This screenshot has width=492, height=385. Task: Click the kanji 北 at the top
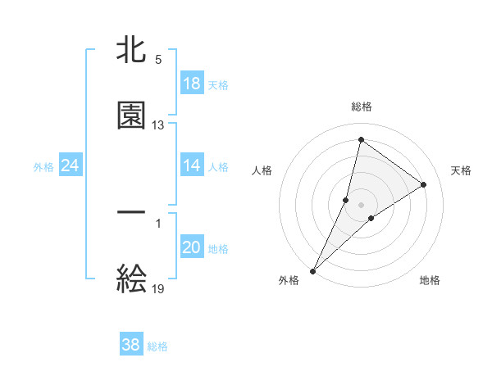131,51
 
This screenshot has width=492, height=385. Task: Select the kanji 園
131,115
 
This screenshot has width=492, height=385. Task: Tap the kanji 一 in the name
131,213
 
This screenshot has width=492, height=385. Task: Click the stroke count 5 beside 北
158,60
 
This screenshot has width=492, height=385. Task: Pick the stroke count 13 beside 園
158,125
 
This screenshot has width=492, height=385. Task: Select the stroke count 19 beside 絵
158,288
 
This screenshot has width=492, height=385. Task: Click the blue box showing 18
192,84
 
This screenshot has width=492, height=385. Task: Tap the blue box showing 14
192,165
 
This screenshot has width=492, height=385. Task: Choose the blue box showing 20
192,248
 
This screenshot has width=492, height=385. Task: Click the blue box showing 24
71,166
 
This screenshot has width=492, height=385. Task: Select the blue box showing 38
131,345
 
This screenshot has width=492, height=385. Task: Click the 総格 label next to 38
157,346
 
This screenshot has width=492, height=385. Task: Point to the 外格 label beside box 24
43,167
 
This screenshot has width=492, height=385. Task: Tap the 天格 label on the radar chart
461,170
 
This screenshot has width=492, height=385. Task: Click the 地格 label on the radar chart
430,280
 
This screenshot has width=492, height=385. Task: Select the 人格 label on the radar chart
262,170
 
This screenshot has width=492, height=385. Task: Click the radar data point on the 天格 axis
424,185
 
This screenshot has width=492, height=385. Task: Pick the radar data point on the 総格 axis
361,138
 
